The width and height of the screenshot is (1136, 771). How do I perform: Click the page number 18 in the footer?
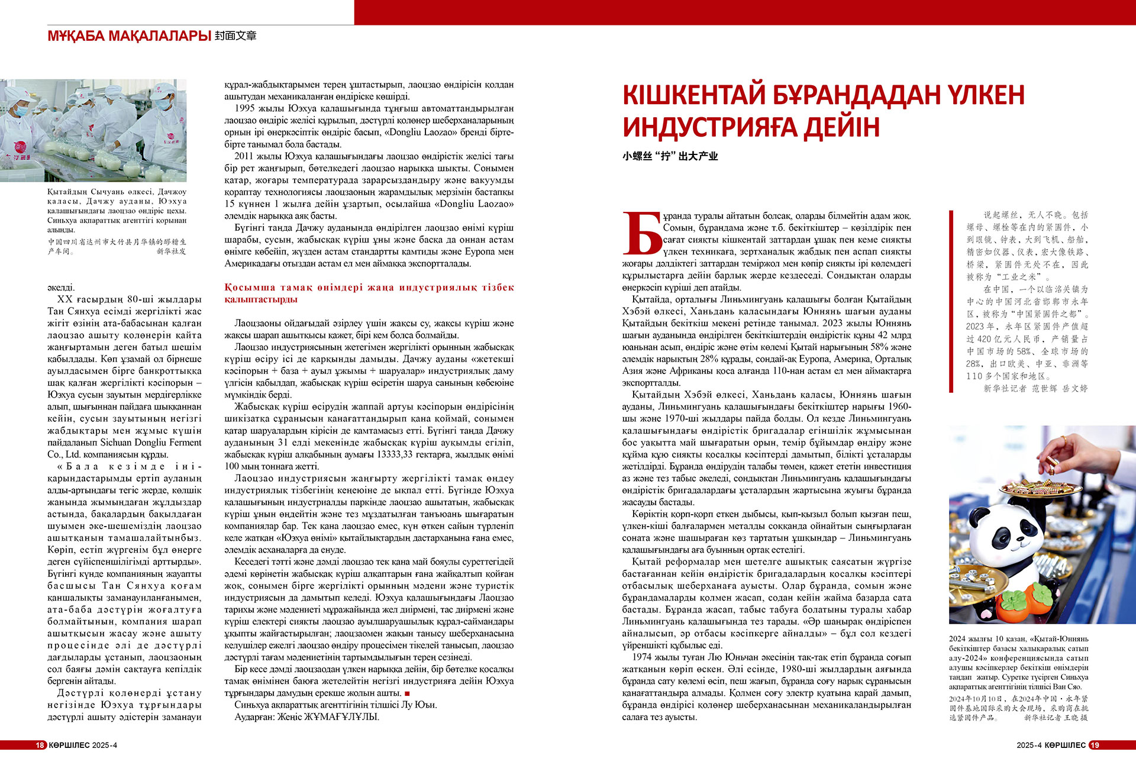point(40,745)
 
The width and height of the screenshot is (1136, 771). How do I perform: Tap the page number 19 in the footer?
point(1095,745)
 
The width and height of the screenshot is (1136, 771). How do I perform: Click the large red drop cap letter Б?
point(642,233)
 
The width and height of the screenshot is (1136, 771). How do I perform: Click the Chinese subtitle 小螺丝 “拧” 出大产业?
point(670,156)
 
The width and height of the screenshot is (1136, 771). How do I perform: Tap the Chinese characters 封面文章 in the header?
point(235,36)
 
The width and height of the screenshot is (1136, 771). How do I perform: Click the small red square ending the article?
point(407,693)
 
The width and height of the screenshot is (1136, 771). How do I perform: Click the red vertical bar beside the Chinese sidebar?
point(951,301)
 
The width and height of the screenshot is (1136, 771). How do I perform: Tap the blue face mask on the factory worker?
point(21,111)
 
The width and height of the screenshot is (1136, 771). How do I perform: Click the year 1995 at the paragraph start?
point(244,108)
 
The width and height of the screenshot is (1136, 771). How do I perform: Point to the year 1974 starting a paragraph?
point(642,657)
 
